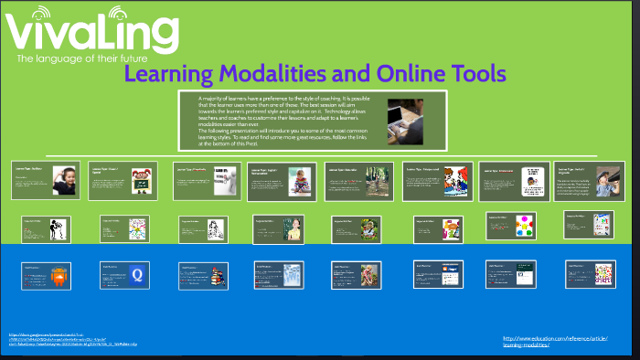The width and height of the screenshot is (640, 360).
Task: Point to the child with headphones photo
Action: (x=63, y=178)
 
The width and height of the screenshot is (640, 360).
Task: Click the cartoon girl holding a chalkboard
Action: (x=141, y=179)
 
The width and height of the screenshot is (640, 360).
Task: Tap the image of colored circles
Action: (x=525, y=226)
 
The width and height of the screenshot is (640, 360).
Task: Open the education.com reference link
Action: (x=556, y=340)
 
